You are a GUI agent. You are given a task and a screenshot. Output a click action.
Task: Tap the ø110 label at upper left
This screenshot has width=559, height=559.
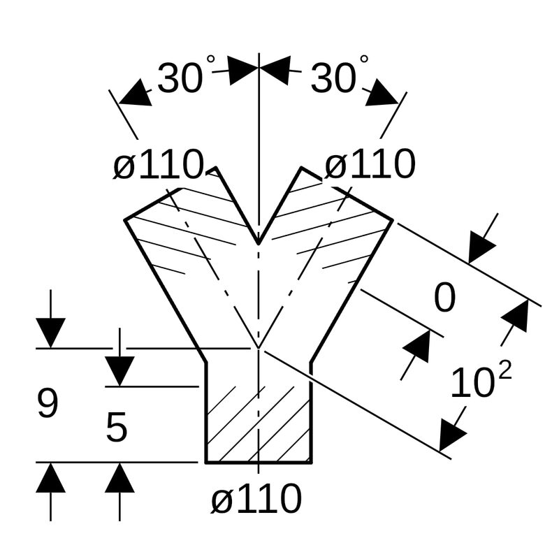tap(158, 166)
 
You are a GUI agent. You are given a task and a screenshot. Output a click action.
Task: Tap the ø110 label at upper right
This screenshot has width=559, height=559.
tap(370, 166)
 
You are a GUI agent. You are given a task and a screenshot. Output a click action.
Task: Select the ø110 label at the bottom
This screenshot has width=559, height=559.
tap(256, 499)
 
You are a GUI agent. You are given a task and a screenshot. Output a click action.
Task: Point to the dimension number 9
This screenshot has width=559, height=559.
tap(48, 404)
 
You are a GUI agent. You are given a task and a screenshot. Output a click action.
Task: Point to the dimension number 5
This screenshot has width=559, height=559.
tap(117, 428)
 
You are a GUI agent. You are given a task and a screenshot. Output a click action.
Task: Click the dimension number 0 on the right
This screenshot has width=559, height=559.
tap(444, 298)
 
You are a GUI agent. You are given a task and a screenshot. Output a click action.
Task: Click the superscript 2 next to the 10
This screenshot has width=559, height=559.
tap(504, 370)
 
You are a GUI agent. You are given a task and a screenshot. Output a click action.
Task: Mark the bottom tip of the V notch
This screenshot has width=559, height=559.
tap(259, 244)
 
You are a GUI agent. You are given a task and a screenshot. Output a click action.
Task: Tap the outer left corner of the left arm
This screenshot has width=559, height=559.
tap(125, 220)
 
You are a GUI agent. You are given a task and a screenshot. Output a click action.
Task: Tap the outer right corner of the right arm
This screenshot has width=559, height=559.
tap(392, 220)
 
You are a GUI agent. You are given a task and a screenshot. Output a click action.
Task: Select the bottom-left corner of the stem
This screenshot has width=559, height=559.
tap(205, 462)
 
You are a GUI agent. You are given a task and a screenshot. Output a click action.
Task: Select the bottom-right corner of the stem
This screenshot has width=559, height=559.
tap(311, 462)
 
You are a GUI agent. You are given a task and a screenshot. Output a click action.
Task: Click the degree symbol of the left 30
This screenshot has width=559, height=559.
tap(210, 61)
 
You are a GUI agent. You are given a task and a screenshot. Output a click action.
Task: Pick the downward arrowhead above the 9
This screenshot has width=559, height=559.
tap(50, 332)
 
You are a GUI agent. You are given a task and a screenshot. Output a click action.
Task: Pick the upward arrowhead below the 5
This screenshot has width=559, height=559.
tap(119, 479)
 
